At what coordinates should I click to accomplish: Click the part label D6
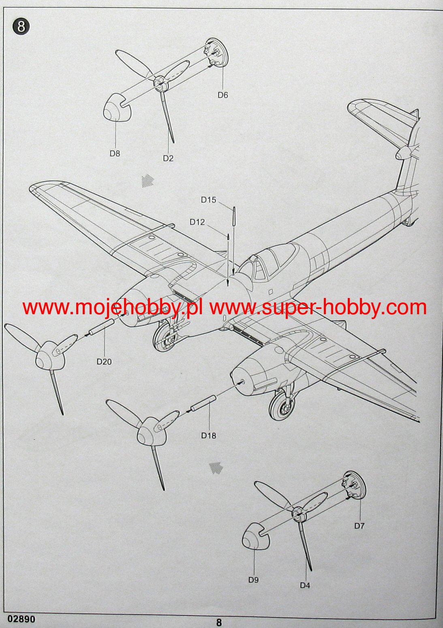(223, 95)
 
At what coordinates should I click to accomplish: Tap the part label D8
(115, 153)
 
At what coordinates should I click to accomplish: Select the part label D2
(168, 158)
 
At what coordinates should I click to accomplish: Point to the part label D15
(208, 200)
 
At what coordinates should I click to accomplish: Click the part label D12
(197, 222)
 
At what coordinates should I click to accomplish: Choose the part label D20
(104, 361)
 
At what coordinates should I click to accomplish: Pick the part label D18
(209, 435)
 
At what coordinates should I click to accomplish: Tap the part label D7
(359, 526)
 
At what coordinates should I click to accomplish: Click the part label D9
(253, 580)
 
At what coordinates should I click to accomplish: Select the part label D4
(305, 585)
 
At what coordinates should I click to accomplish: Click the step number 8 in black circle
(21, 27)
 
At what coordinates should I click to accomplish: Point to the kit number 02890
(21, 619)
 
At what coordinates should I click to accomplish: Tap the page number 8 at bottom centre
(219, 622)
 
